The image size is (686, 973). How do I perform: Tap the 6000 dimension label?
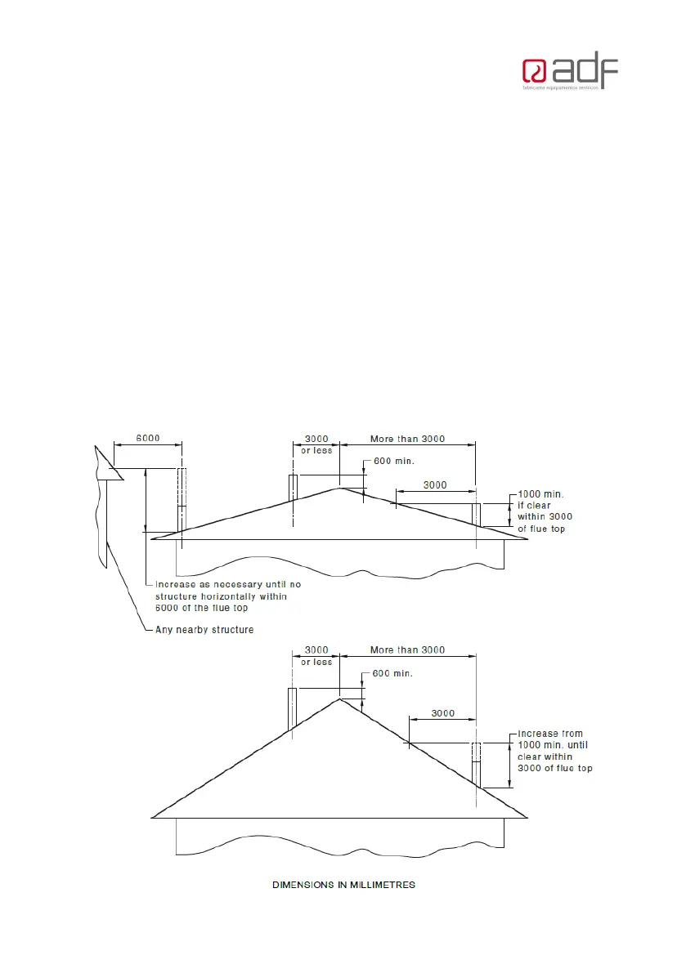(x=148, y=438)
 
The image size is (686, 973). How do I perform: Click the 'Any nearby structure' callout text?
(x=204, y=629)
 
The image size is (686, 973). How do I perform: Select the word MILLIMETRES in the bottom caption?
(x=379, y=886)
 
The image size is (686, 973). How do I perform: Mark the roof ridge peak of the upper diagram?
(x=339, y=489)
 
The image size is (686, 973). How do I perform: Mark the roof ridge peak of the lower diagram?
(x=339, y=699)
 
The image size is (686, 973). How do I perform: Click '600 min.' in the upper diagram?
(x=394, y=461)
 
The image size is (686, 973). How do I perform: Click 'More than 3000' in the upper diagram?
(x=407, y=439)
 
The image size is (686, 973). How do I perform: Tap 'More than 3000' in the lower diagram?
(x=407, y=650)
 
